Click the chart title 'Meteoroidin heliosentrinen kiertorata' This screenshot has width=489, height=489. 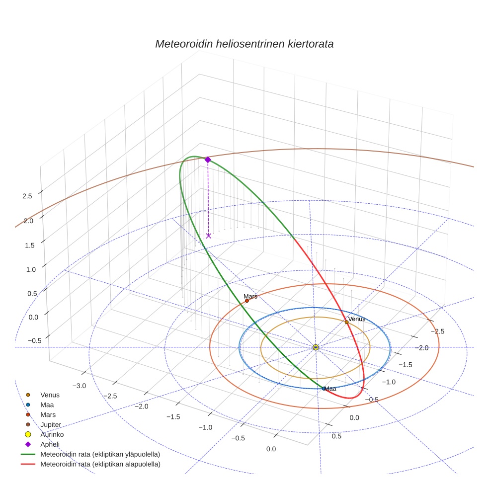tap(244, 44)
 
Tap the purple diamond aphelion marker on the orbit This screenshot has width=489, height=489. tap(208, 160)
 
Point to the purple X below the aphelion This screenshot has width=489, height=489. tap(208, 236)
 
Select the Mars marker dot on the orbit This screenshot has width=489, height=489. tap(247, 301)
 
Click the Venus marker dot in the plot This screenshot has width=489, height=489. tap(347, 322)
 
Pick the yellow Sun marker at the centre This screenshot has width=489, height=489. tap(316, 347)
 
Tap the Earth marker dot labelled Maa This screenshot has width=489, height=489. tap(324, 389)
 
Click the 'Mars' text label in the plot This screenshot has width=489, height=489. tap(250, 296)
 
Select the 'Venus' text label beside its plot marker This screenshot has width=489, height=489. tap(357, 319)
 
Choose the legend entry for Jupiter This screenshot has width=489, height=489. tap(51, 424)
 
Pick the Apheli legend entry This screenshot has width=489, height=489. tap(49, 444)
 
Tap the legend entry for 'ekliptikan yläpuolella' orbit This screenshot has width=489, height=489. tap(100, 454)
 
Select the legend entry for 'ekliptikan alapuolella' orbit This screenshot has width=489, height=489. tap(100, 464)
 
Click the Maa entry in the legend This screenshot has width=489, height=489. tap(47, 405)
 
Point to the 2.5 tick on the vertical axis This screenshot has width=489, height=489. tap(27, 196)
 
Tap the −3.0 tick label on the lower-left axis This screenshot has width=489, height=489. tap(80, 386)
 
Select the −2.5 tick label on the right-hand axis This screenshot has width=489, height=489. tap(437, 331)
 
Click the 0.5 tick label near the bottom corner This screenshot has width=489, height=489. tap(336, 436)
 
